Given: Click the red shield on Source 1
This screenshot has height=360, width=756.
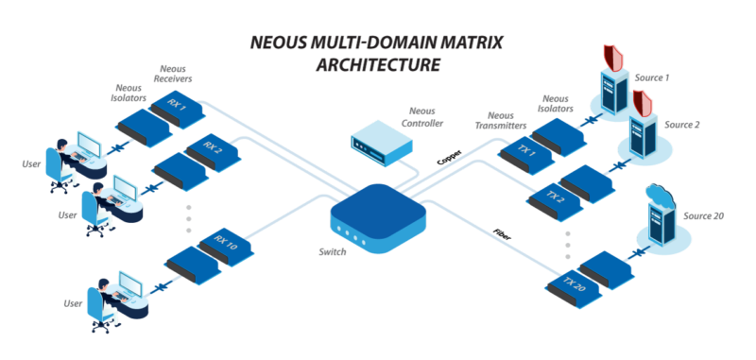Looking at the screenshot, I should [x=614, y=58].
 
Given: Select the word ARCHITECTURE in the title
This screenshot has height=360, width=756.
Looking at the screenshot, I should [x=377, y=65].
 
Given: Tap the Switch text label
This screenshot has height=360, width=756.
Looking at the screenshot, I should [x=334, y=252].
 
